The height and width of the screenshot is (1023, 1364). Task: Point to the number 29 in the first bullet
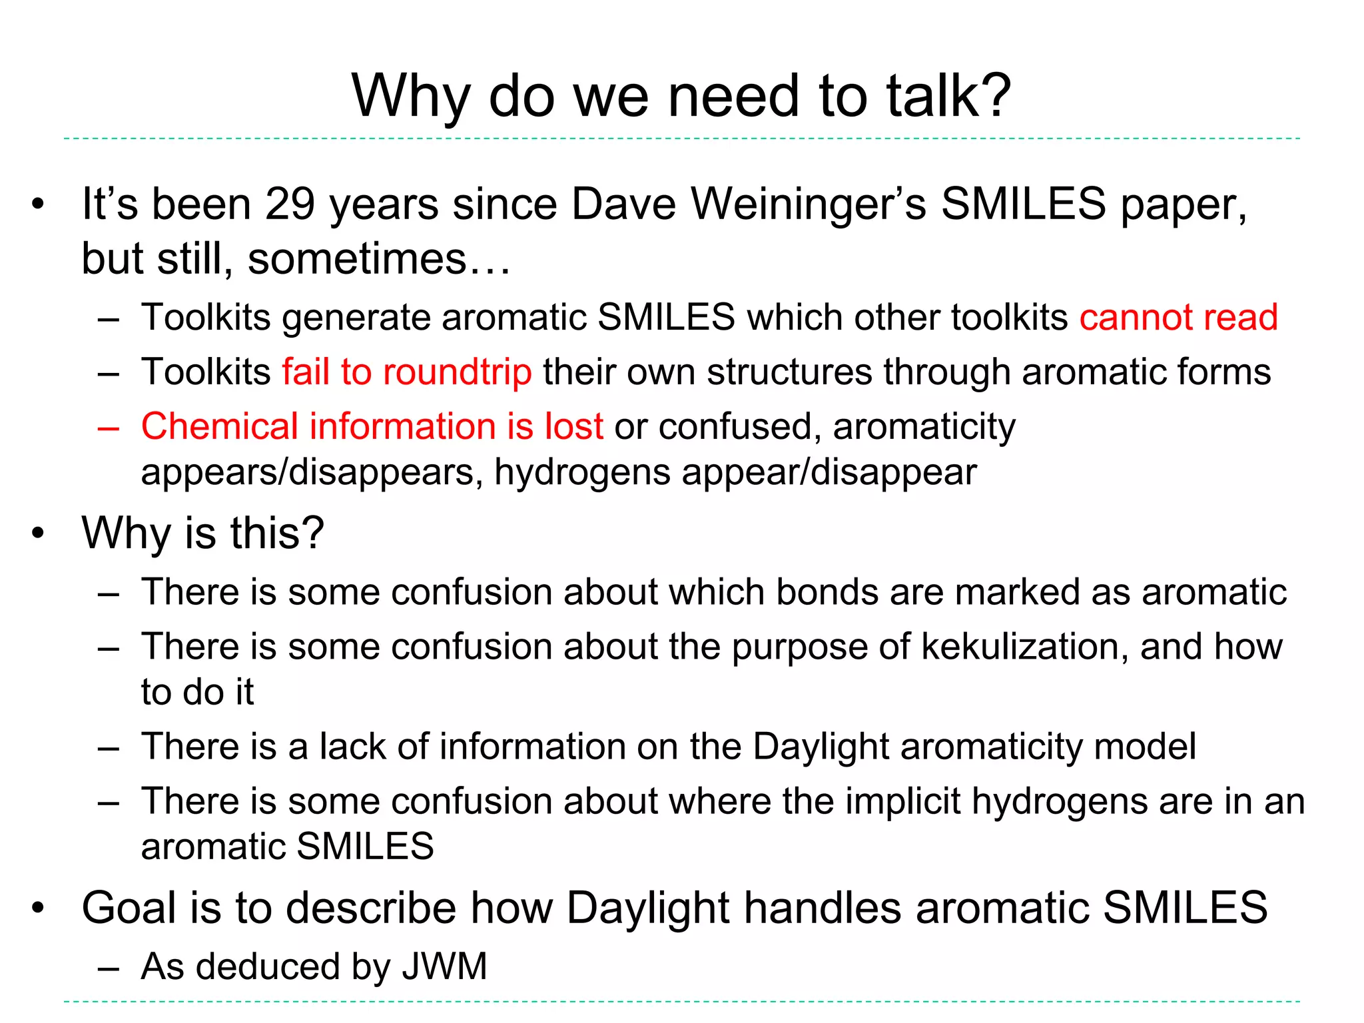[x=290, y=204]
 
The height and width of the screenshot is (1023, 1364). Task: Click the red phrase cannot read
[x=1178, y=317]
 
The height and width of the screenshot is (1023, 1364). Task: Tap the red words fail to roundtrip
[x=406, y=372]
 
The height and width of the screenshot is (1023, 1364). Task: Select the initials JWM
[x=444, y=966]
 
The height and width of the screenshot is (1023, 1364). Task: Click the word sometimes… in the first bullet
[x=379, y=259]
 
